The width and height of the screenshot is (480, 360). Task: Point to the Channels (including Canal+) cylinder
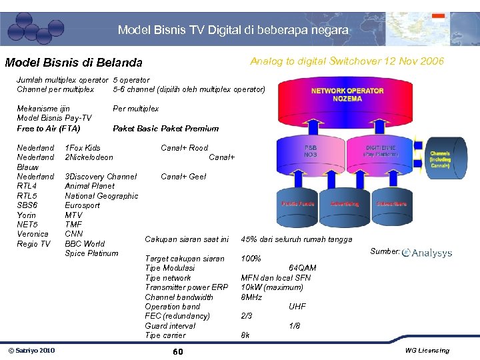click(x=440, y=160)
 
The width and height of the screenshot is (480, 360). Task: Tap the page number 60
click(x=177, y=351)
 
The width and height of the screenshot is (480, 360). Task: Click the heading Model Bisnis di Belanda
click(x=73, y=63)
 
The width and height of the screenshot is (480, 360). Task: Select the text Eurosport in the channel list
click(x=83, y=205)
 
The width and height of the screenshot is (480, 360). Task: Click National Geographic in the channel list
click(x=101, y=196)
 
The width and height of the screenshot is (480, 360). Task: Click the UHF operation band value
click(x=297, y=307)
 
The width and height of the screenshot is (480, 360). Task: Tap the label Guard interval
click(x=170, y=325)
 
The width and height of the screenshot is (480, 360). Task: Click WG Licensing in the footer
click(x=427, y=351)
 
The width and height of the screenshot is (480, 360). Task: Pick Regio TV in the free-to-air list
click(x=33, y=244)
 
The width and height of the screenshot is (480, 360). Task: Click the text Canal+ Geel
click(x=183, y=177)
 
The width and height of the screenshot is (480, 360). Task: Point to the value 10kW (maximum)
click(x=271, y=287)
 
